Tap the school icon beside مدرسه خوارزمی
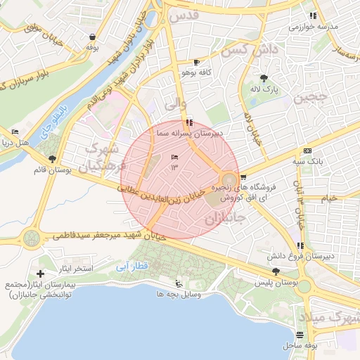pyautogui.click(x=313, y=15)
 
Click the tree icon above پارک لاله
pyautogui.click(x=264, y=78)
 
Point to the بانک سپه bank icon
pyautogui.click(x=307, y=150)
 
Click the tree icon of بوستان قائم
pyautogui.click(x=52, y=159)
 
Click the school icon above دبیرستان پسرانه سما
pyautogui.click(x=189, y=122)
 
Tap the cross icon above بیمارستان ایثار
pyautogui.click(x=41, y=274)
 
